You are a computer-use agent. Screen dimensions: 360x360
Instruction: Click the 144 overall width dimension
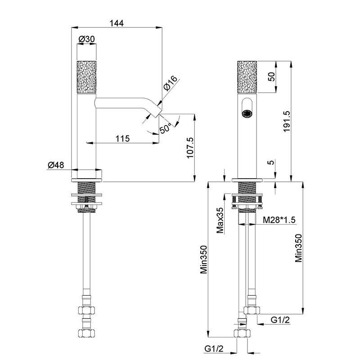point(117,22)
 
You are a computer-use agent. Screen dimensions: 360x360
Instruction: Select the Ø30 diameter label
point(86,40)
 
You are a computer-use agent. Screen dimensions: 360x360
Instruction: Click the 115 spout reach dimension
point(122,139)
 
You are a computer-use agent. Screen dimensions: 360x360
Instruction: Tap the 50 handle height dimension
point(271,76)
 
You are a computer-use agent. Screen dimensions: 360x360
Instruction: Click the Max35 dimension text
point(220,221)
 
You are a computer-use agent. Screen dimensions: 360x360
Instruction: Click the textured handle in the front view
point(247,77)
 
